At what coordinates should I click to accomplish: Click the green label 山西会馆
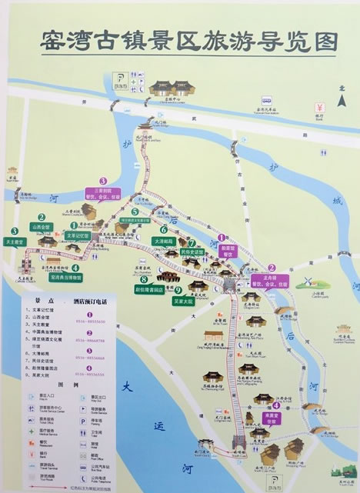(40, 228)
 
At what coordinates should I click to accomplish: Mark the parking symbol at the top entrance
(122, 78)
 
